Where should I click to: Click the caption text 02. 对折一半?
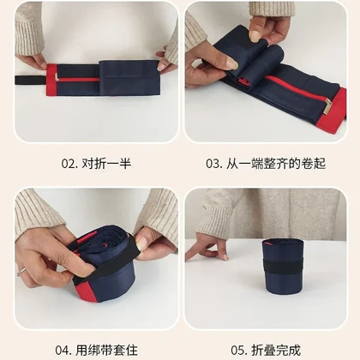tap(96, 164)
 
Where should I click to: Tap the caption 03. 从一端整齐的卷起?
tap(266, 164)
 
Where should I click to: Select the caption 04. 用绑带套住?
tap(96, 351)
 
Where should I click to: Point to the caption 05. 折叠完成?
tap(266, 351)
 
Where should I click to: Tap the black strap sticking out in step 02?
tap(31, 80)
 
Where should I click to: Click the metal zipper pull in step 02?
tap(57, 77)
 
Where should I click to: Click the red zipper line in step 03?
tap(295, 88)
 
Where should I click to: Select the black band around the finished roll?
tap(283, 266)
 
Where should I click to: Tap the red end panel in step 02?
tap(51, 80)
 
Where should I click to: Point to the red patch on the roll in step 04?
tap(85, 290)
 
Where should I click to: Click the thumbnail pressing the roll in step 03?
tap(233, 64)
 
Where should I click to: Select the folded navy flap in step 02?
tap(129, 78)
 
